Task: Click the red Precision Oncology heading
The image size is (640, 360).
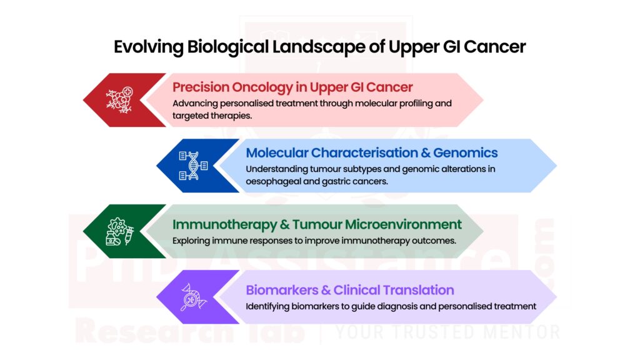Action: coord(292,87)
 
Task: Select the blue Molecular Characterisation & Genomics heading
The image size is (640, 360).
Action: coord(371,152)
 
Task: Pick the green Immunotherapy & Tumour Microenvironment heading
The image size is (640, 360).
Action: coord(317,224)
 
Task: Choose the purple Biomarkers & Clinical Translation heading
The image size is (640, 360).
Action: coord(349,289)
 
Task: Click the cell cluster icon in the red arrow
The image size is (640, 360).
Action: coord(119,100)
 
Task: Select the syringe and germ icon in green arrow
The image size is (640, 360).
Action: coord(119,231)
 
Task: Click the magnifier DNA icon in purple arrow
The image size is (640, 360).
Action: coord(192,297)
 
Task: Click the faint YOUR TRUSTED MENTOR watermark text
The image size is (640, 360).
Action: coord(447,331)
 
